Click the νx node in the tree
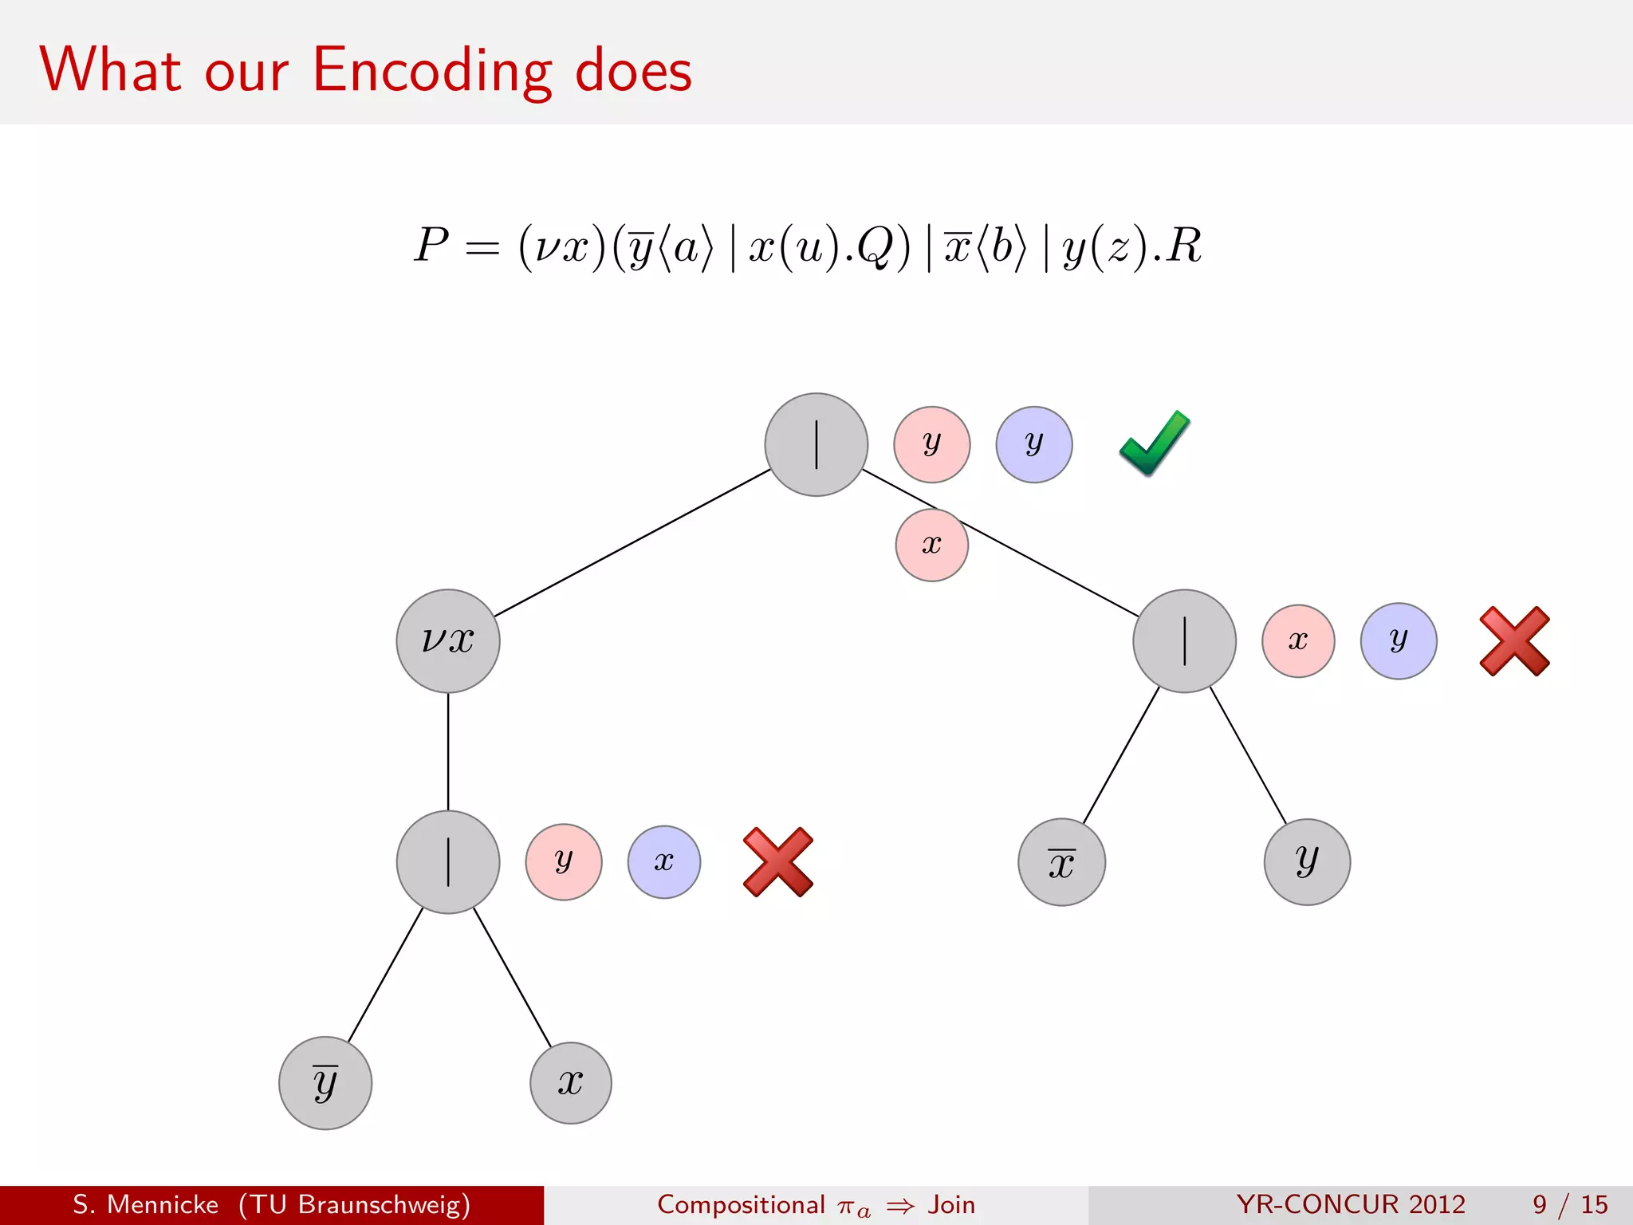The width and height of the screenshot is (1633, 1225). coord(448,640)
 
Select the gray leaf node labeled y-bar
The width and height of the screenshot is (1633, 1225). coord(325,1082)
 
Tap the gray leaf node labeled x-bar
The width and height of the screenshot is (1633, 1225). coord(1061,862)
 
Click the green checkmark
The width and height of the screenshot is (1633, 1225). coord(1155,443)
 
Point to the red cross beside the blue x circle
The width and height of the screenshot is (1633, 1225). coord(777,862)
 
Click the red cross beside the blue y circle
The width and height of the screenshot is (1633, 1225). coord(1514,641)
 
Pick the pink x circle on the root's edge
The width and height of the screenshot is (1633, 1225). coord(931,546)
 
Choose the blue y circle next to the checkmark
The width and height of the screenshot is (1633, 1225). coord(1033,444)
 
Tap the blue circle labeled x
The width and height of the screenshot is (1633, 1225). coord(663,862)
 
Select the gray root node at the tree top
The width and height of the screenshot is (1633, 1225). coord(816,444)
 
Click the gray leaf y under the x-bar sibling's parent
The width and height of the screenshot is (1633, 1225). coord(1307,862)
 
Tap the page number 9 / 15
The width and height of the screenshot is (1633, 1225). coord(1569,1204)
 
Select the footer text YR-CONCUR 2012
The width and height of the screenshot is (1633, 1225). coord(1351,1204)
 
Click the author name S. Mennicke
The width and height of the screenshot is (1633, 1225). coord(146,1204)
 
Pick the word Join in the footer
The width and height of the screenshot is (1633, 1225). coord(951,1204)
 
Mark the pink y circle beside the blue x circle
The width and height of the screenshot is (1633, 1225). coord(564,862)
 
